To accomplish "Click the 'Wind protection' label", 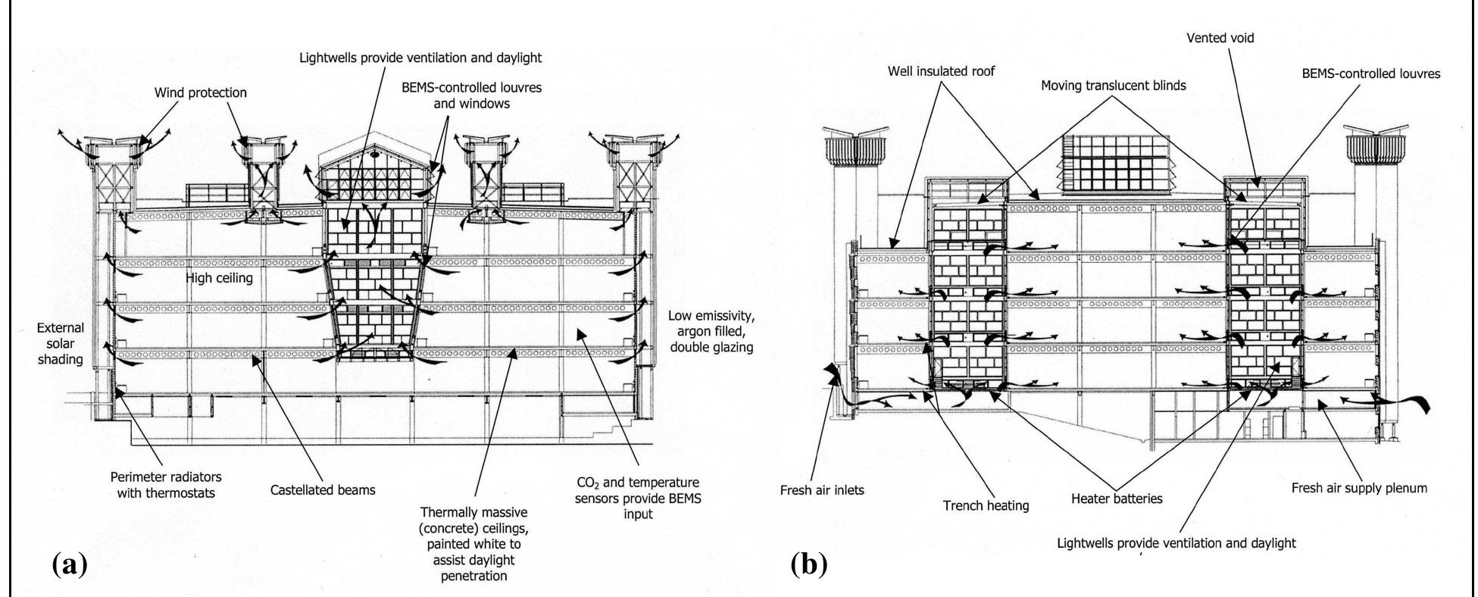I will tap(200, 92).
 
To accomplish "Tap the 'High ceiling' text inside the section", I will tap(219, 278).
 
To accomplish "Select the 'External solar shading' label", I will tap(61, 343).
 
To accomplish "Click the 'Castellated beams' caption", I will tap(323, 489).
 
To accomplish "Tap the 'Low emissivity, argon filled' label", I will tap(711, 331).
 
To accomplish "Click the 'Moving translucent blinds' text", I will tap(1113, 86).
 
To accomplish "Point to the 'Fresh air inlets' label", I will tap(822, 489).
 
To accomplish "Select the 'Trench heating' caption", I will tap(986, 505).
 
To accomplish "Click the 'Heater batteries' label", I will tap(1117, 498).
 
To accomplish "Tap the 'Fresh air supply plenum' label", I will tap(1359, 488).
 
